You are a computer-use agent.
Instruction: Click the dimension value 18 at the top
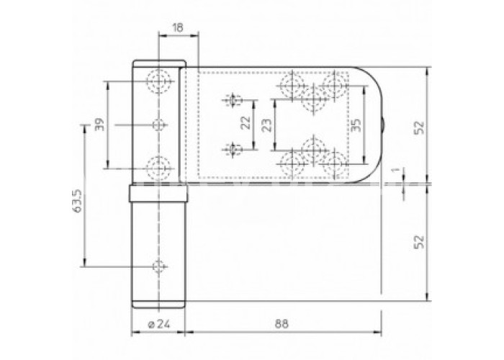177,27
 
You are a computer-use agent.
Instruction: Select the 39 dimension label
100,125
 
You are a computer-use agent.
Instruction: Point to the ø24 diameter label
159,324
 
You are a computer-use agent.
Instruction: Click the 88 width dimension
282,324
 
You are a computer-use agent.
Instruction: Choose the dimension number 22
246,122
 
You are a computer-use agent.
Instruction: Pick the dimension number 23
266,125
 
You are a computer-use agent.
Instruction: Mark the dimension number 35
356,125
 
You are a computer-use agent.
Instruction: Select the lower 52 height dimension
419,242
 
